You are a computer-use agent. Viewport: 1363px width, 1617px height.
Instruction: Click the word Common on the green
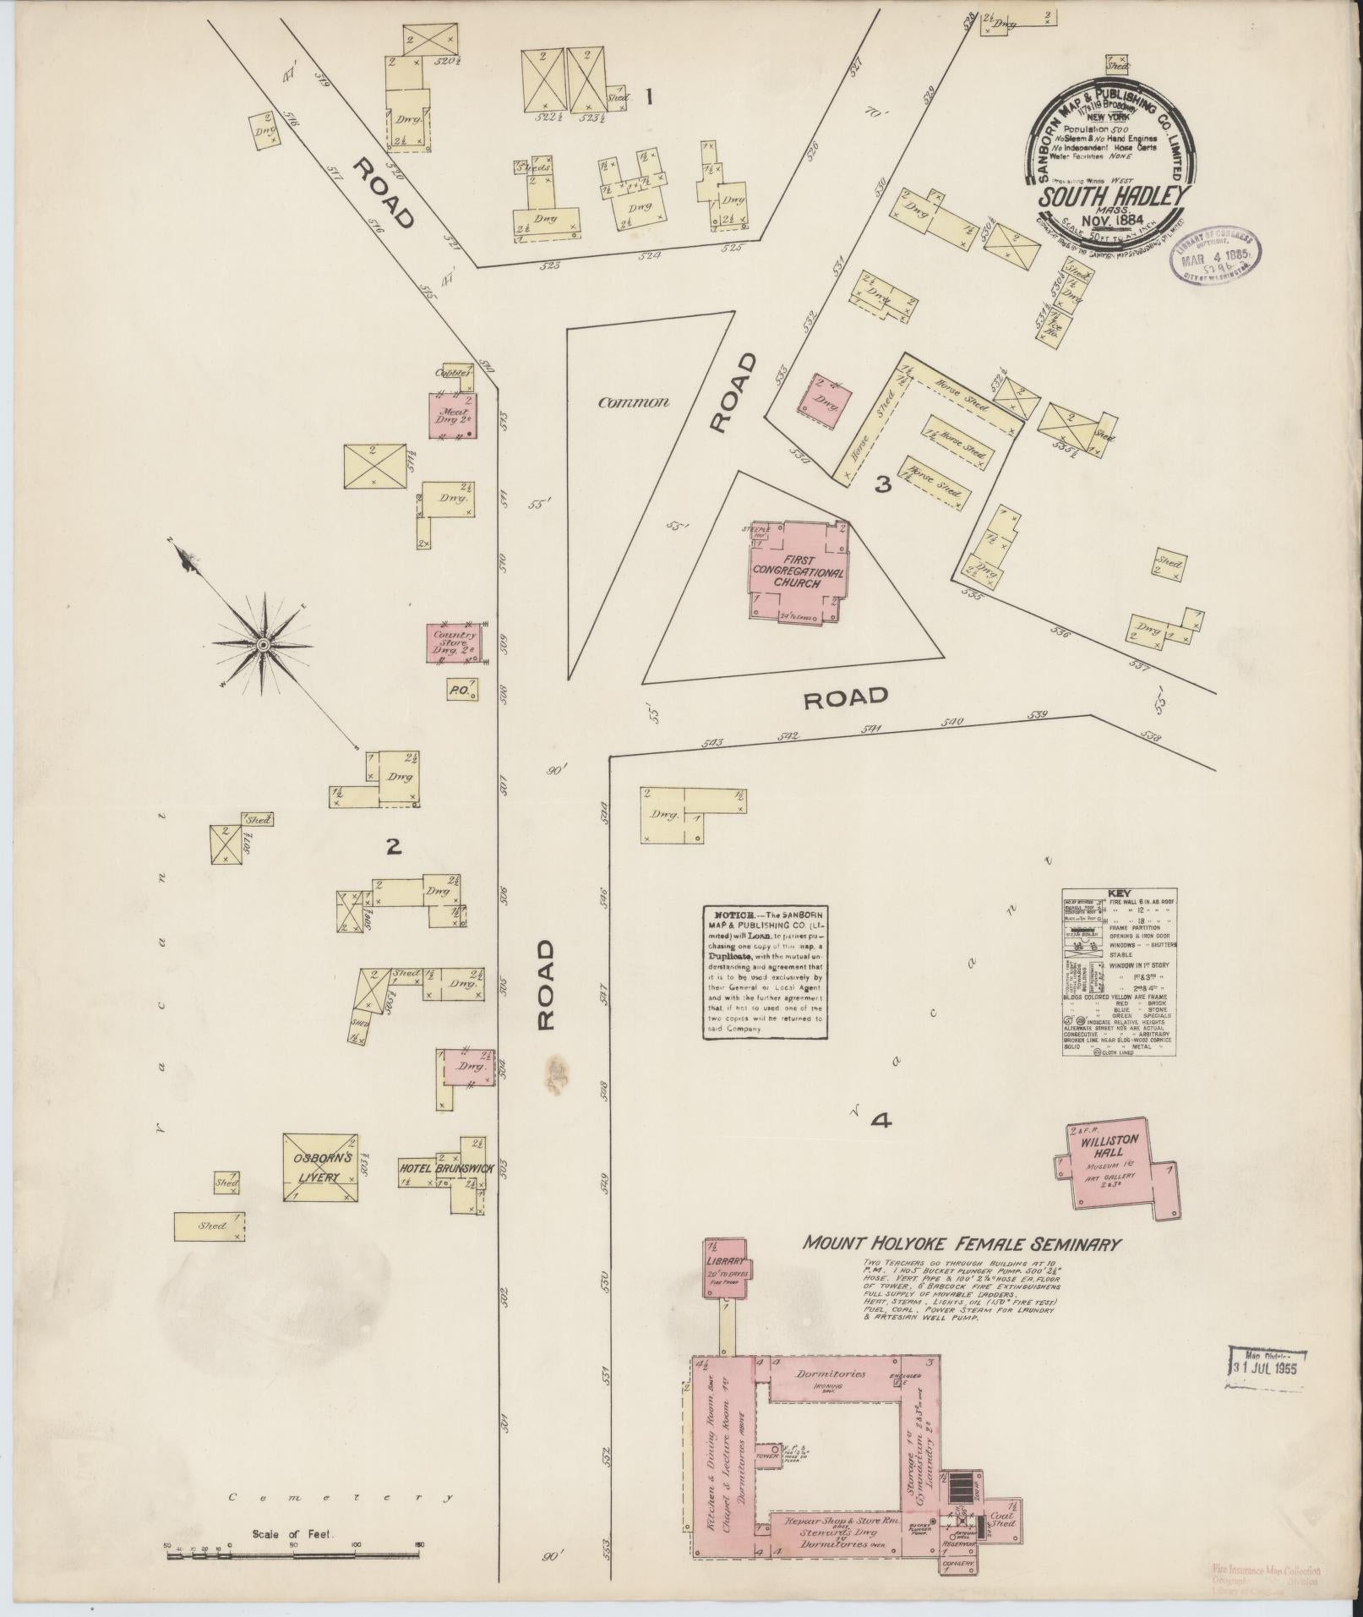(634, 402)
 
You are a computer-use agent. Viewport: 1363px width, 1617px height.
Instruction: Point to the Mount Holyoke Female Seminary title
(962, 1244)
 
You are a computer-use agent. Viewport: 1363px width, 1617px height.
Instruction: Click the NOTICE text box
(764, 972)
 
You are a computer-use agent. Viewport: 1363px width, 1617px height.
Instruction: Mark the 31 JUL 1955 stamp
(1267, 1364)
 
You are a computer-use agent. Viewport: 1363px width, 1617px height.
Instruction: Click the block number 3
(882, 485)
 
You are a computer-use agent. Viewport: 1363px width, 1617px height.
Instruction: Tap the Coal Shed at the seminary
(1002, 1517)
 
